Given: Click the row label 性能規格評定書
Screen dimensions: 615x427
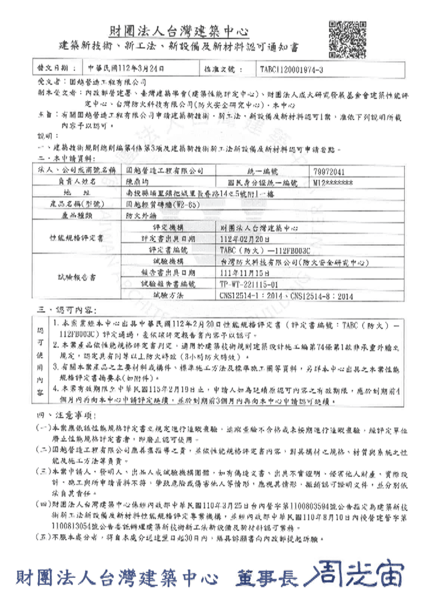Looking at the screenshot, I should pos(76,238).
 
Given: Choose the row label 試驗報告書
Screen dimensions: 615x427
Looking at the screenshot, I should pos(76,278).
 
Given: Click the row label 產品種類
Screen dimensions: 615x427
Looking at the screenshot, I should pos(76,215).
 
